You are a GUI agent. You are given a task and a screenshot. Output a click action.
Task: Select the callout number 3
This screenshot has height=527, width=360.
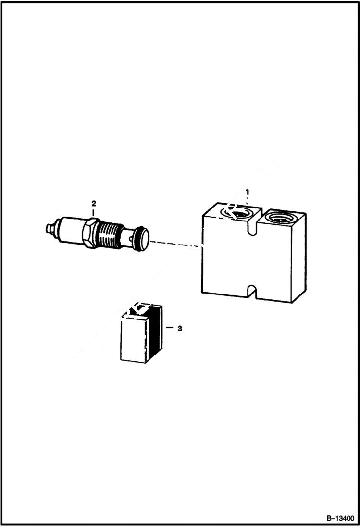tap(180, 329)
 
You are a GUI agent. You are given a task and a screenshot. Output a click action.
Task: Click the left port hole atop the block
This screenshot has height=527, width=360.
tap(236, 212)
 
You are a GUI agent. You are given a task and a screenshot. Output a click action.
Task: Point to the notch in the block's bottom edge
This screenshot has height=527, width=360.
tap(251, 291)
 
